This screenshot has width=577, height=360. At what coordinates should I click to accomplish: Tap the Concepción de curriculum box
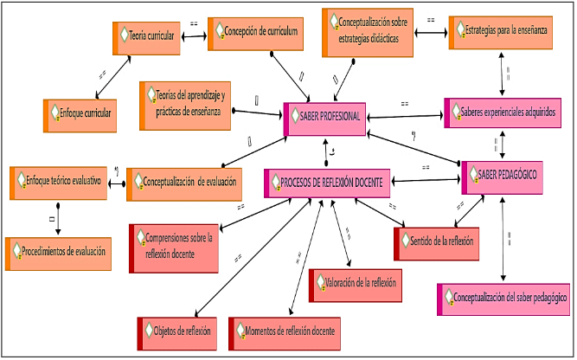click(258, 33)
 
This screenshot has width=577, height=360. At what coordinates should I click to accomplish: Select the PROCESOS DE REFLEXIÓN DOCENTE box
click(328, 183)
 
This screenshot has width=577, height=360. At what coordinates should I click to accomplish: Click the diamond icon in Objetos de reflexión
click(150, 332)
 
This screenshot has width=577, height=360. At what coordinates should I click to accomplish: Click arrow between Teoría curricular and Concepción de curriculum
click(195, 35)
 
